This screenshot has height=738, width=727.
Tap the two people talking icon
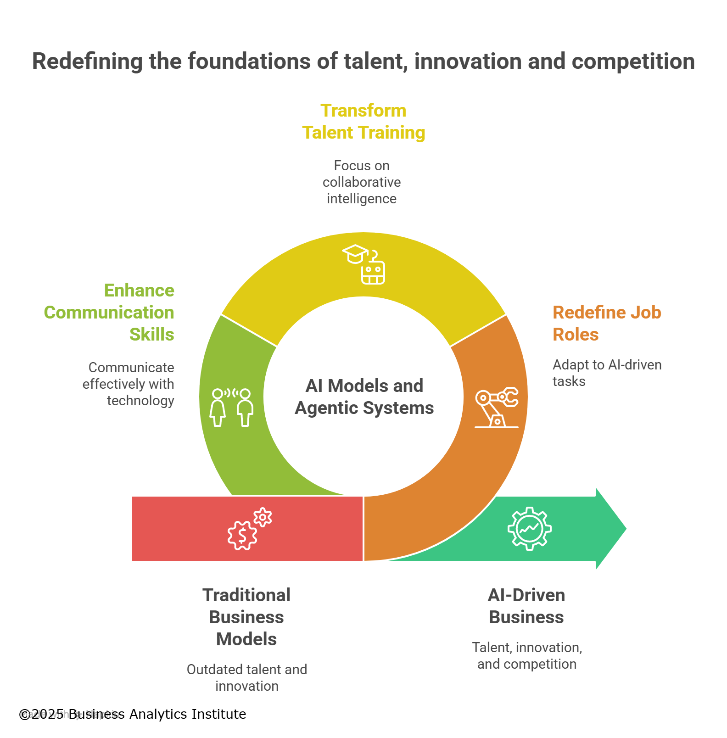pos(232,407)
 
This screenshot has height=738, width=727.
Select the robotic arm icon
pos(497,408)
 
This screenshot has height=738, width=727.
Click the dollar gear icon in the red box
pos(249,529)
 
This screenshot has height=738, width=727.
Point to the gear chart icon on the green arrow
pos(529,529)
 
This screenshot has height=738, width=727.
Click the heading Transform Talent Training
pos(363,122)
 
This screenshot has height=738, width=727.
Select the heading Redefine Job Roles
pos(606,323)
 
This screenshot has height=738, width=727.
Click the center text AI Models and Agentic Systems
pos(364,397)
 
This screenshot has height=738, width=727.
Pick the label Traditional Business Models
pos(246,617)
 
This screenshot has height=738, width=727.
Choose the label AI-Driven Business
pos(526,606)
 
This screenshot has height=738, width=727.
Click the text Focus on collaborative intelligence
pos(362,182)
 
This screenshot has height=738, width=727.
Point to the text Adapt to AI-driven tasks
pos(606,373)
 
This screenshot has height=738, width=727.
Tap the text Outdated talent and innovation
pos(247,677)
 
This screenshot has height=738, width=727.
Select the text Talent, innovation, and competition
pos(527,655)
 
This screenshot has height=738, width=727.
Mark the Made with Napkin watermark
pos(70,714)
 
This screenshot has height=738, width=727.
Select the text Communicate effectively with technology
pos(129,384)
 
